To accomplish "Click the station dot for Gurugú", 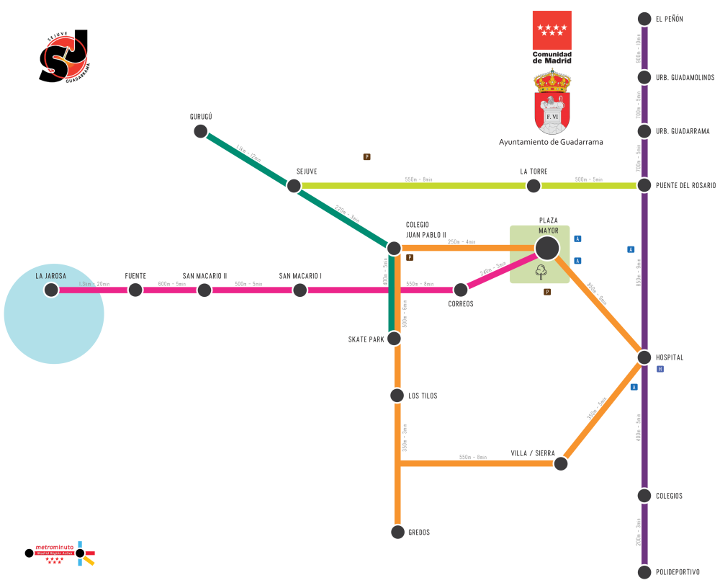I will pos(201,131).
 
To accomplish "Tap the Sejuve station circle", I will pos(294,186).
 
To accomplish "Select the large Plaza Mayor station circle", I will pos(546,248).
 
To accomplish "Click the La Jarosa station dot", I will pos(50,290).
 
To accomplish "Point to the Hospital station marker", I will pos(644,357).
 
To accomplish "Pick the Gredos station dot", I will pos(397,532).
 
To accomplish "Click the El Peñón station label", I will pos(669,19).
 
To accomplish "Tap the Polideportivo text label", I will pos(678,572).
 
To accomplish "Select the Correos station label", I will pos(461,304).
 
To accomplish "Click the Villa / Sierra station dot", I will pos(560,464).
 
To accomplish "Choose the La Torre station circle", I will pos(533,186).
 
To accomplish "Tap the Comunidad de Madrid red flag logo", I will pos(552,30).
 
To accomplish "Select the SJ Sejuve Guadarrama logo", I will pos(64,56).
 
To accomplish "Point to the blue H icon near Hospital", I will pos(660,369).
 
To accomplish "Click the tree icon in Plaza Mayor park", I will pos(541,272).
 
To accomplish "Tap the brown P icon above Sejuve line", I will pos(366,156).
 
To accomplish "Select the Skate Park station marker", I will pos(394,338).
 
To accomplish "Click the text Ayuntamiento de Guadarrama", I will pos(551,142).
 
